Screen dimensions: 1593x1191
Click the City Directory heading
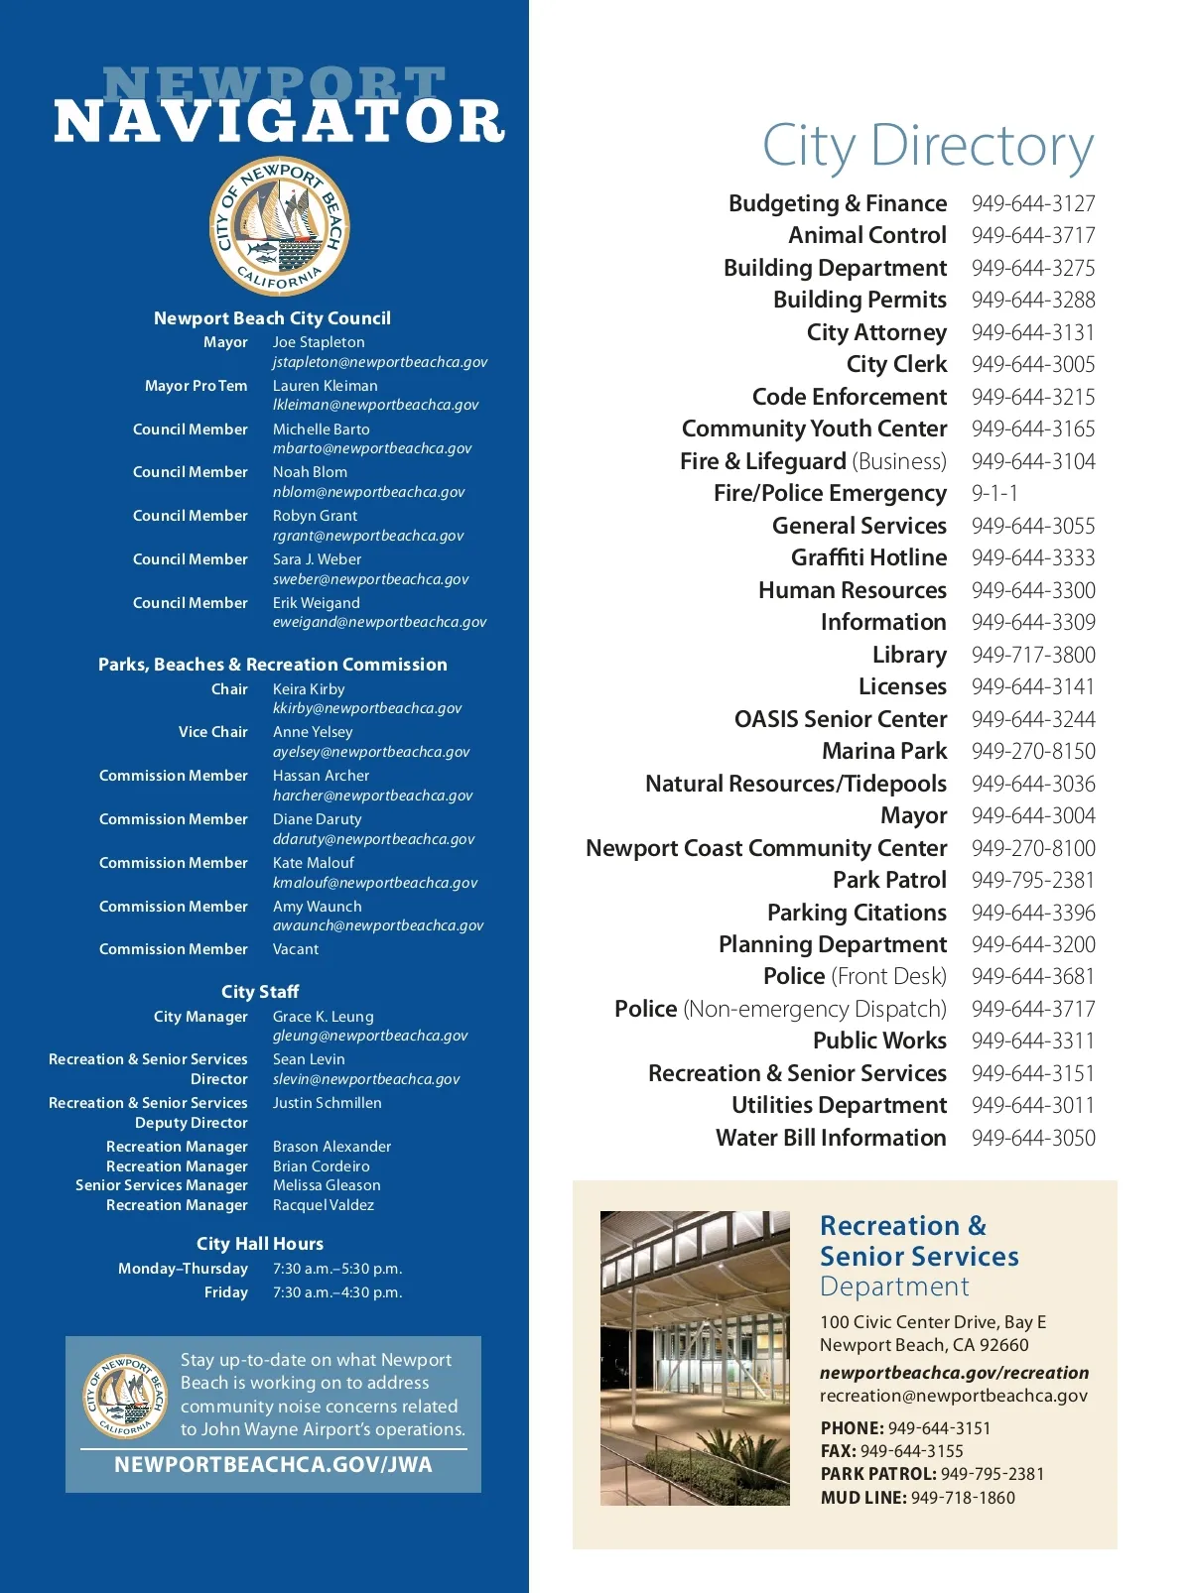pos(927,147)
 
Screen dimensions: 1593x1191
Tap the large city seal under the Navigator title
pos(280,226)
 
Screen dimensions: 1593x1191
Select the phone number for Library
pos(1033,655)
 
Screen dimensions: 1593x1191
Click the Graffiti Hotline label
pos(868,557)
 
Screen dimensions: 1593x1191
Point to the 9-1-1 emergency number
pos(994,493)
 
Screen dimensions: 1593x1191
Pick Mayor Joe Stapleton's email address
pos(380,362)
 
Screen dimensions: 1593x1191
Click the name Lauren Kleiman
pos(325,386)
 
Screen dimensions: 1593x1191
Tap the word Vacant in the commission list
pos(296,949)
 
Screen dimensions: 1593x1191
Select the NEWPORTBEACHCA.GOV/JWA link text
pos(273,1465)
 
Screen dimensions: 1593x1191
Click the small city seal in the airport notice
pos(124,1396)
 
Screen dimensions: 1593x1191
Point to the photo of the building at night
pos(695,1357)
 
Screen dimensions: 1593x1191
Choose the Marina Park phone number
pos(1033,751)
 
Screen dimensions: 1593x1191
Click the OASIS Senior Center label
pos(841,719)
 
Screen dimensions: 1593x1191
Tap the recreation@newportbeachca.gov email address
pos(953,1396)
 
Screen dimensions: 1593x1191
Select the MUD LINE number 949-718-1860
pos(963,1498)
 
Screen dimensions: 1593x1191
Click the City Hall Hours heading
pos(260,1244)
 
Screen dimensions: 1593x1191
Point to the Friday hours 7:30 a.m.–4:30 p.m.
pos(337,1292)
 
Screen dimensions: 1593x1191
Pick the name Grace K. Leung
pos(324,1017)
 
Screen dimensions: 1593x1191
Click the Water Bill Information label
pos(831,1138)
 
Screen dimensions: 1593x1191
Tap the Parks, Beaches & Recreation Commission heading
pos(273,665)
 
